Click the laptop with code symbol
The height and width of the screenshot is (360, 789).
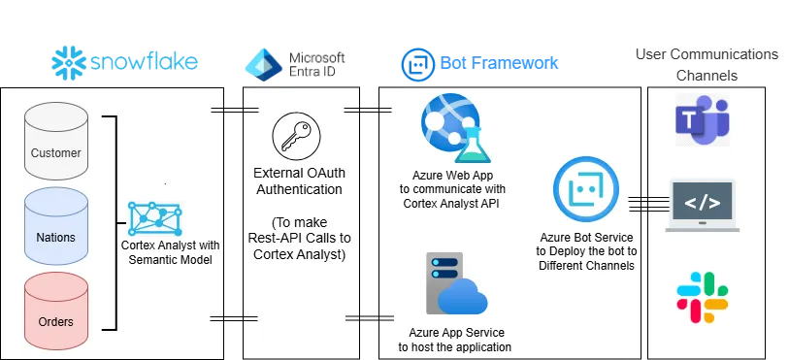(x=702, y=206)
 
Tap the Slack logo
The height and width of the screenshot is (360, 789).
(x=702, y=296)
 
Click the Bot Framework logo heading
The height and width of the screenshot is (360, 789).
(x=479, y=63)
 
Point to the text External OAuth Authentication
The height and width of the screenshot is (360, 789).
(x=298, y=181)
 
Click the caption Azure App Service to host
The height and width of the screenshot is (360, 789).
(x=454, y=339)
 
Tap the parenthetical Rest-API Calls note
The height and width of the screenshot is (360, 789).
(x=298, y=237)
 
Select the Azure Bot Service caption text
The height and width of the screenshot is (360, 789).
(x=586, y=250)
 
